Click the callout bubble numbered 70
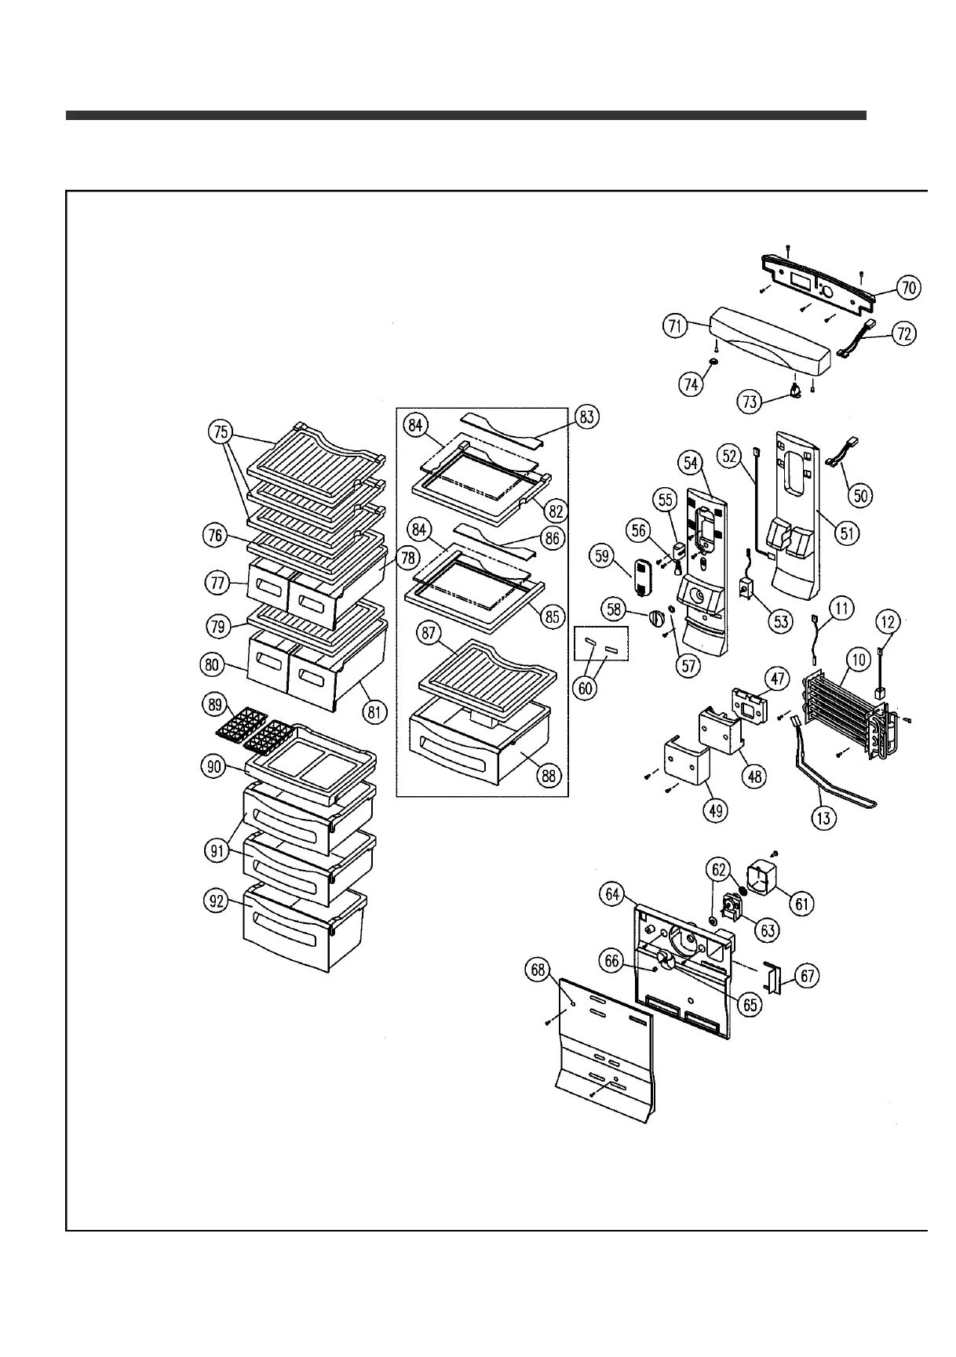click(x=908, y=288)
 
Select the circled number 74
click(x=691, y=384)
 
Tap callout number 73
click(x=750, y=402)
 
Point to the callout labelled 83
click(x=587, y=417)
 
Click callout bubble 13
click(x=824, y=818)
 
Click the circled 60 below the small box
click(x=586, y=688)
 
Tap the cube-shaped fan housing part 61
click(x=760, y=876)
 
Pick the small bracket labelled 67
click(x=773, y=980)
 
